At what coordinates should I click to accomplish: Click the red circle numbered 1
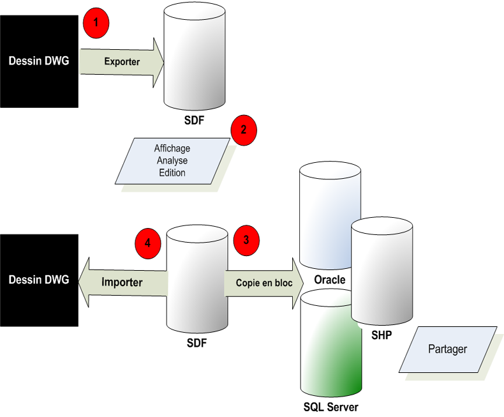pos(96,22)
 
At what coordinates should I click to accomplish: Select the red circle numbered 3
pos(247,240)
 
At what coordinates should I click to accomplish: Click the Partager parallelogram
pos(447,349)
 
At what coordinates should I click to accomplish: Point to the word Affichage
pos(172,149)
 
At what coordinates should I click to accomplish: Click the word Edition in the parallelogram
pos(172,172)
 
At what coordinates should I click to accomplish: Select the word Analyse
pos(172,161)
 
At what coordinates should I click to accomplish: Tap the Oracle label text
pos(330,280)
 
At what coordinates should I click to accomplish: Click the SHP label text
pos(381,335)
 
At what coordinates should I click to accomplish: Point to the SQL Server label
pos(331,407)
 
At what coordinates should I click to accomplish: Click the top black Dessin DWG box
pos(39,61)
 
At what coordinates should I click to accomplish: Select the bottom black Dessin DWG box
pos(39,280)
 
